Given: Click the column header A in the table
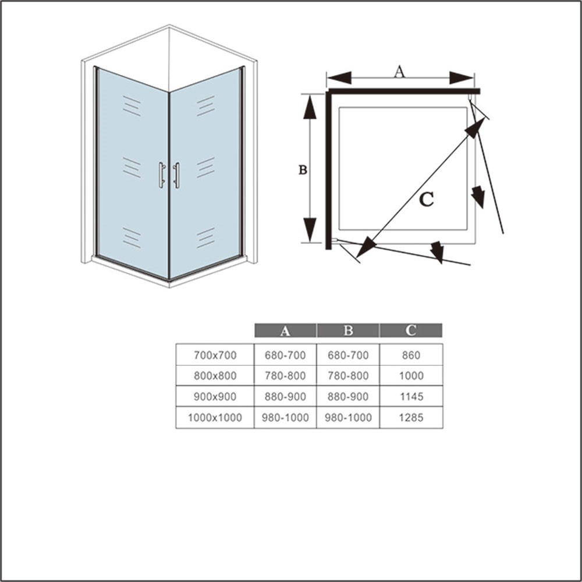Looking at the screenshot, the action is click(285, 331).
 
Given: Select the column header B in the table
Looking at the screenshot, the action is click(348, 331).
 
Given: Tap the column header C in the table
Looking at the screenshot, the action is click(410, 330).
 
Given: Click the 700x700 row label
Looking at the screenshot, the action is click(215, 355).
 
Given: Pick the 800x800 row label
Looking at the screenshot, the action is click(215, 375).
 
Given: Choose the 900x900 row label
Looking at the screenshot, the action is click(215, 396).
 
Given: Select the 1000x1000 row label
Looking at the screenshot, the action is click(215, 417).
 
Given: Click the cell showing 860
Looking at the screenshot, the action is click(411, 355).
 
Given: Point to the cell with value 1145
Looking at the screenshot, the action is click(411, 396).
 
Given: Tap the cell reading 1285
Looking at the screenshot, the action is click(411, 417).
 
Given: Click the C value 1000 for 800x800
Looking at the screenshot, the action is click(411, 375).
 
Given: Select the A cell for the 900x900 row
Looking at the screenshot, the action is click(285, 396).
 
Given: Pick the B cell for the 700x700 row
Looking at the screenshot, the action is click(348, 355).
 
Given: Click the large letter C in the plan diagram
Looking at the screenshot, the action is click(427, 200).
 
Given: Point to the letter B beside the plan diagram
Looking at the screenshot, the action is click(303, 169).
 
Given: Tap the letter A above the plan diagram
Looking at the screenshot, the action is click(399, 72).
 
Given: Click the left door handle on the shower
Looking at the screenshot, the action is click(161, 175).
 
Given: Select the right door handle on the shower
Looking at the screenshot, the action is click(176, 175).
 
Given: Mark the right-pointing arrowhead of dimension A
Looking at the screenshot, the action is click(462, 78).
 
